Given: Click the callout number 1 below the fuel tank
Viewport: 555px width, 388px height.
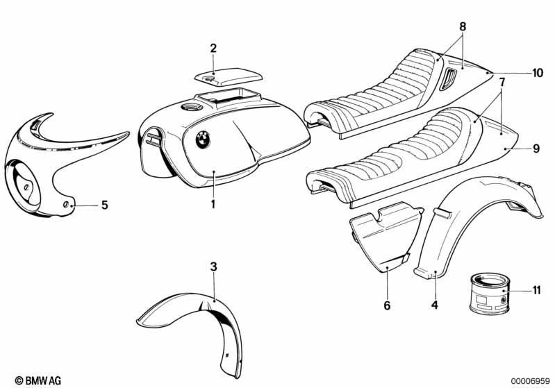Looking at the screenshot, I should click(x=214, y=204).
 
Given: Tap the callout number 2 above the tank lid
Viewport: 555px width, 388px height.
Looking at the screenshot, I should click(x=213, y=48).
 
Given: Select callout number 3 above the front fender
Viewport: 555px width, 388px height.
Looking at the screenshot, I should click(x=214, y=267).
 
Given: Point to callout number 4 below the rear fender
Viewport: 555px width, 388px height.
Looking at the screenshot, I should click(x=434, y=304).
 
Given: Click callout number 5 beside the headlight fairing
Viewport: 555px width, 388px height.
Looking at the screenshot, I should click(x=104, y=205).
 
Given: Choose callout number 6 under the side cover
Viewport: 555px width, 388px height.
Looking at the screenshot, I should click(x=388, y=304).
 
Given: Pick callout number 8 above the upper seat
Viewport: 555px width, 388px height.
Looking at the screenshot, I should click(x=462, y=26).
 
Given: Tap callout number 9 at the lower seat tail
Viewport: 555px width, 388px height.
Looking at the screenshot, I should click(x=535, y=148).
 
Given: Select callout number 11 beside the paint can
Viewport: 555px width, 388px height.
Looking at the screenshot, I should click(x=536, y=289).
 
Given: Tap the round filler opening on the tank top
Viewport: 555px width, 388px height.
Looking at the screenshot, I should click(x=190, y=108).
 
